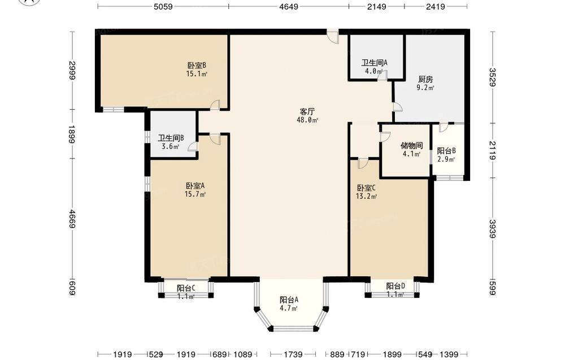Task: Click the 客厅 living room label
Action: tap(307, 112)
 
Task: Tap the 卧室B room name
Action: tap(197, 66)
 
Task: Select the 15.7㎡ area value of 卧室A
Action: tap(195, 194)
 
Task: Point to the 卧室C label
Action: tap(367, 188)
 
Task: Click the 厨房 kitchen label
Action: tap(425, 79)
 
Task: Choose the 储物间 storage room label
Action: tap(411, 146)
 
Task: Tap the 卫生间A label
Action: tap(375, 63)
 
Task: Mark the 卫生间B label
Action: tap(171, 138)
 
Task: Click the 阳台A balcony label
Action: tap(289, 300)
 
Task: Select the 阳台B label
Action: tap(446, 151)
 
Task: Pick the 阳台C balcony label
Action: tap(186, 288)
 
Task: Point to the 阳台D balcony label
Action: tap(395, 287)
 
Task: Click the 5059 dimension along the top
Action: tap(163, 6)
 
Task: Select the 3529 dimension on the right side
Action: tap(492, 77)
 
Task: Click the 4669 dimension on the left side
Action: tap(72, 219)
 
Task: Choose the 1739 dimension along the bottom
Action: tap(293, 354)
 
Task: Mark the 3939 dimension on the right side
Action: tap(492, 228)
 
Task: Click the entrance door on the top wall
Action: tap(333, 36)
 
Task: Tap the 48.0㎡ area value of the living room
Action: tap(307, 120)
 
